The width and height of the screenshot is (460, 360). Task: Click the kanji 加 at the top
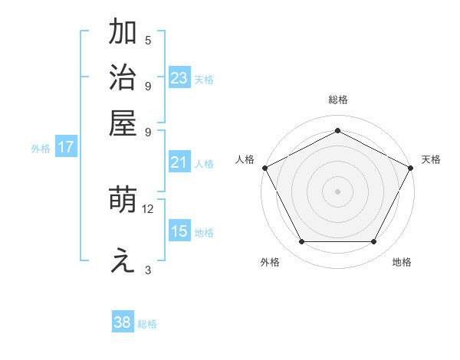pos(123,33)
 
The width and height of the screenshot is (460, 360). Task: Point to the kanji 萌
pos(123,201)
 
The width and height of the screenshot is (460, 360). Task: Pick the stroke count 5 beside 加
pos(148,41)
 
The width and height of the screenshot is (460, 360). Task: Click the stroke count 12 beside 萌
pos(148,208)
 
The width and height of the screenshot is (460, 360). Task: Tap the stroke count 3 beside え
pos(148,270)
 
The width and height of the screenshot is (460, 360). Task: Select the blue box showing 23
pos(179,77)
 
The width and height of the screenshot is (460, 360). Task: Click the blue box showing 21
pos(179,162)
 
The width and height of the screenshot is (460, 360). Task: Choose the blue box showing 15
pos(179,231)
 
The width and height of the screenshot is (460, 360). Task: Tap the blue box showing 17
pos(65,147)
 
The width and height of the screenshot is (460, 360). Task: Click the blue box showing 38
pos(123,322)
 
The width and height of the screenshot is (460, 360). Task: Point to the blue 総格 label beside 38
pos(147,324)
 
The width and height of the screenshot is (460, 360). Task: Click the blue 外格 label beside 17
pos(40,149)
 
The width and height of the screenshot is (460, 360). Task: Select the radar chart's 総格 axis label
pos(337,100)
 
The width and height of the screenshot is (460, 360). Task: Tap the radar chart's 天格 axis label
pos(431,159)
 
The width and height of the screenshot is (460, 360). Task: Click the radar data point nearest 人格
pos(264,167)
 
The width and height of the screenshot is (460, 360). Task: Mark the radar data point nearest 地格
pos(374,242)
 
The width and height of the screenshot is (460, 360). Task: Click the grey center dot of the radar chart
pos(337,191)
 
